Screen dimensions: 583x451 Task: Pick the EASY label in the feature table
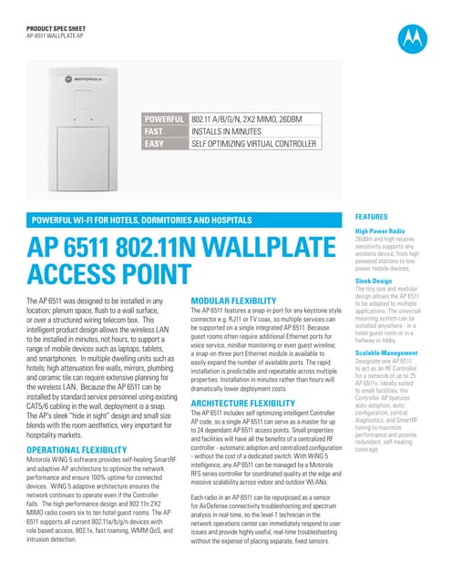tap(154, 144)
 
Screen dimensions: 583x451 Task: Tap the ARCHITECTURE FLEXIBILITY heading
tap(241, 402)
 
